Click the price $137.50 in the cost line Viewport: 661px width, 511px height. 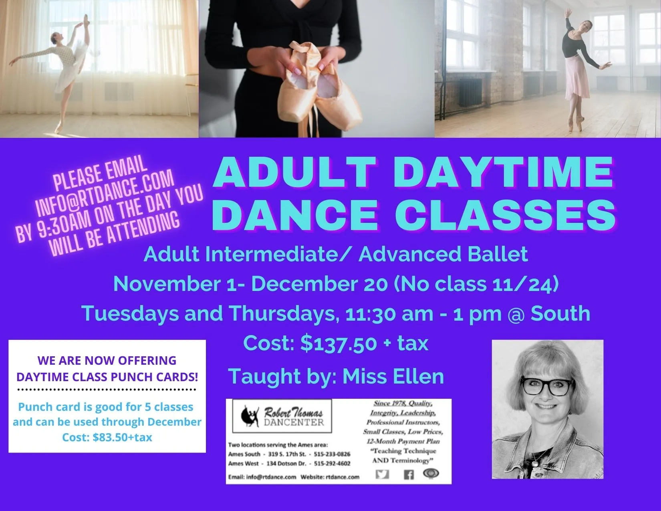tap(339, 343)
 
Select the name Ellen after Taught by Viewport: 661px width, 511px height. tap(419, 376)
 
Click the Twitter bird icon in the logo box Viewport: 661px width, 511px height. tap(382, 474)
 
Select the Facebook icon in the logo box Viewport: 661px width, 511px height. tap(408, 475)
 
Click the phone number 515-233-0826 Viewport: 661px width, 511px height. tap(332, 454)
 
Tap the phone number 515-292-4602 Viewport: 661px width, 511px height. tap(332, 463)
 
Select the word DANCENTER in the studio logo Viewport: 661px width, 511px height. tap(294, 422)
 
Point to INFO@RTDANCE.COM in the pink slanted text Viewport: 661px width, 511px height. tap(105, 193)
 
